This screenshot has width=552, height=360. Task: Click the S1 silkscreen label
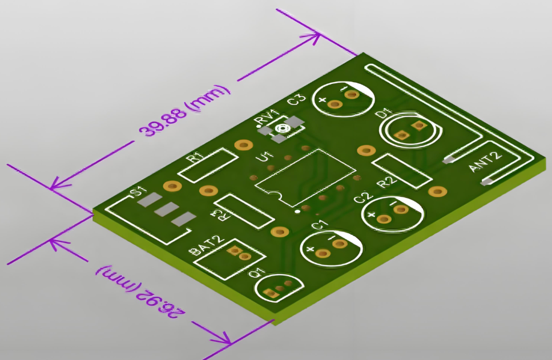(x=138, y=192)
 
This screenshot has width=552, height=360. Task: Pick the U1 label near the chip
(x=265, y=156)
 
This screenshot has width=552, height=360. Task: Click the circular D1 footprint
(x=410, y=130)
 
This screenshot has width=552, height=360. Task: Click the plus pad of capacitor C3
(x=335, y=104)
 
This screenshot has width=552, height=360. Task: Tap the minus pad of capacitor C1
(x=341, y=244)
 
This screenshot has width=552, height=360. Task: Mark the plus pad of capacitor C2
(x=385, y=219)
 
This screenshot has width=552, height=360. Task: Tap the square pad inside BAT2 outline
(x=233, y=250)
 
